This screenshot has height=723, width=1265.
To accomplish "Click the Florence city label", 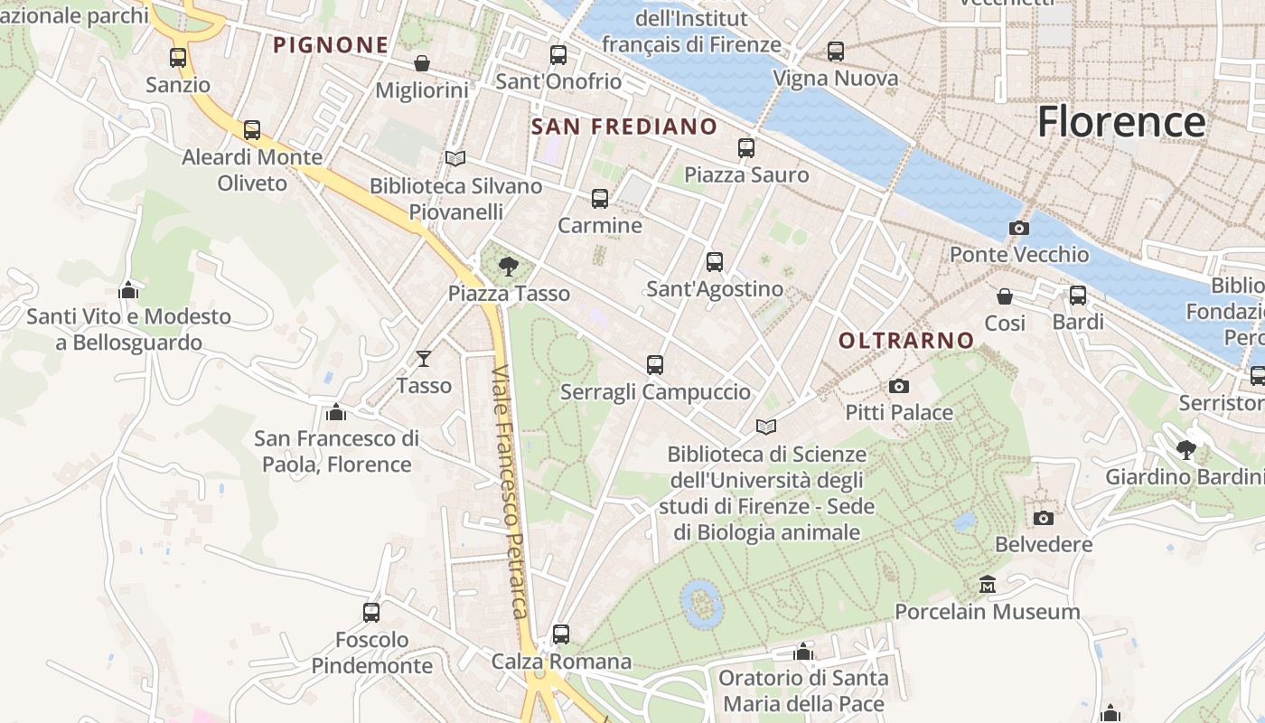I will [1120, 121].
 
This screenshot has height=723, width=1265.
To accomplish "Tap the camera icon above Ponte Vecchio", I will [1019, 228].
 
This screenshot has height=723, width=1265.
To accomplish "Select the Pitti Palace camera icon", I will [899, 387].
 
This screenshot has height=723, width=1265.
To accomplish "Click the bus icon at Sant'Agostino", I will [715, 262].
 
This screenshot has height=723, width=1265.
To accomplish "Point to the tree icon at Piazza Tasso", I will [509, 266].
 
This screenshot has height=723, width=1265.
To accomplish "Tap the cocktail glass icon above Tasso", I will [423, 359].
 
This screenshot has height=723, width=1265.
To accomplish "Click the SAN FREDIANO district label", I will [624, 127].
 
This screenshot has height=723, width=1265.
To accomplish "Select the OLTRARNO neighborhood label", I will [906, 341].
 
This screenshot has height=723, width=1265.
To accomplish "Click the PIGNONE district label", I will [331, 44].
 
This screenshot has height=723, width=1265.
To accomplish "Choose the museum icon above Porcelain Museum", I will [988, 585].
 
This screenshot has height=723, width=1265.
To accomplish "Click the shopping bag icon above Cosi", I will [1004, 296].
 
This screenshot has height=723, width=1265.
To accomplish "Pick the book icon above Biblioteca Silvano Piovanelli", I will [455, 159].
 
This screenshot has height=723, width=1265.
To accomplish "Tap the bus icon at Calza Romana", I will [561, 634].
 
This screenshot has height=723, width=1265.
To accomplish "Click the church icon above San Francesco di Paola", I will [336, 412].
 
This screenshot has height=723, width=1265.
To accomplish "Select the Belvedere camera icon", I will [1044, 518].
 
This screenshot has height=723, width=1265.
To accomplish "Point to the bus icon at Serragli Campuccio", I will [655, 365].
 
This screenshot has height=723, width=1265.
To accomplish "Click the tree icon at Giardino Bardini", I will [1186, 449].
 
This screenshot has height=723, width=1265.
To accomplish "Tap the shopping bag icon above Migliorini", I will [421, 63].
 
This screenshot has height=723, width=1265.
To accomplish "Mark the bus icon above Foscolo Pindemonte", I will [371, 613].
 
